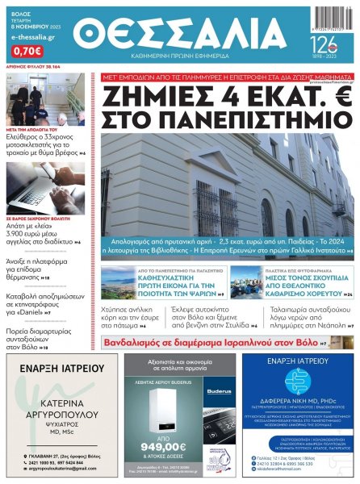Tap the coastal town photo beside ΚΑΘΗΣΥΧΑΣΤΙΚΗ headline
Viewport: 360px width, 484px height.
tap(120, 283)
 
